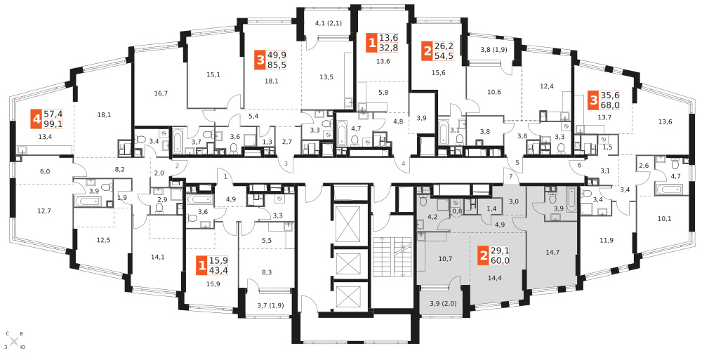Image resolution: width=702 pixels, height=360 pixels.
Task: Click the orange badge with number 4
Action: (x=36, y=119)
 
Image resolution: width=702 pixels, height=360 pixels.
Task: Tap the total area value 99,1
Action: (x=53, y=124)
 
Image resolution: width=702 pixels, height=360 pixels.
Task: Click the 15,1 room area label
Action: (x=213, y=74)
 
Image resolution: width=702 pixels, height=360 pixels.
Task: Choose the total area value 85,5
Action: (x=277, y=65)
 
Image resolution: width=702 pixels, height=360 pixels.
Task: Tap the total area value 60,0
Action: (x=500, y=260)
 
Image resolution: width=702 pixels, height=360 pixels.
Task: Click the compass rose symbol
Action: (x=14, y=341)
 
